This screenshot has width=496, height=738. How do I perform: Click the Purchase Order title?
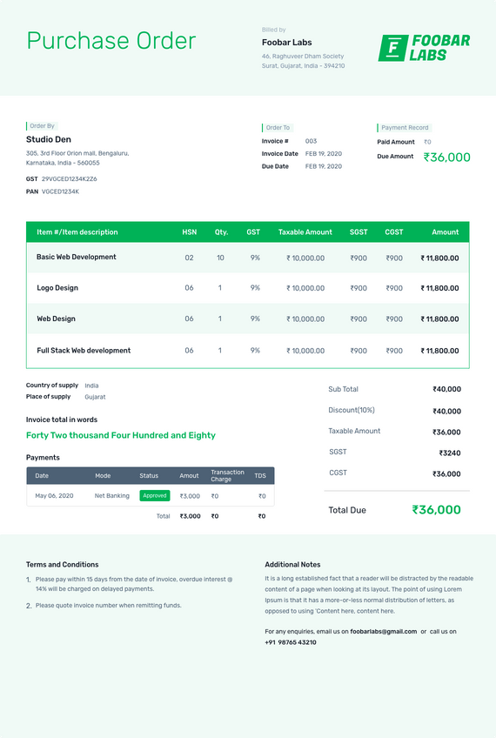[x=111, y=41]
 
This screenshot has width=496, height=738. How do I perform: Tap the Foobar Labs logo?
[x=424, y=48]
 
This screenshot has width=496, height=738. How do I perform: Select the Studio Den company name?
[x=49, y=139]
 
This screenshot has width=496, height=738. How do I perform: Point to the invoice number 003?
[x=311, y=141]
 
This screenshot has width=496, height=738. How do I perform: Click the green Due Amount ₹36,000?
[x=446, y=158]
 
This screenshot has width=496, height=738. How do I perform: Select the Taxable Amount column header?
[x=305, y=232]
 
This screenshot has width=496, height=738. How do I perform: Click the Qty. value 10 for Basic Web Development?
[x=220, y=258]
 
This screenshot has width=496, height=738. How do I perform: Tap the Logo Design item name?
[x=57, y=288]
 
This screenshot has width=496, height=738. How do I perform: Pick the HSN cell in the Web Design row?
[x=189, y=319]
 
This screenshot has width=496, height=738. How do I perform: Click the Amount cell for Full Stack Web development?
[x=439, y=351]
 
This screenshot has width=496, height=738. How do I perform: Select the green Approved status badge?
[x=155, y=495]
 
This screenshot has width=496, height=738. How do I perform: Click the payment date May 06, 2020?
[x=54, y=496]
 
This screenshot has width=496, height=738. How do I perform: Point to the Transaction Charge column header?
[x=227, y=475]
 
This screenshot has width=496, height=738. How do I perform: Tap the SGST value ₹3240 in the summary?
[x=449, y=453]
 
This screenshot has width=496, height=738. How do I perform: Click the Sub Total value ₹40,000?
[x=446, y=390]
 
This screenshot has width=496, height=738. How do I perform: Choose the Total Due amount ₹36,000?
[x=436, y=510]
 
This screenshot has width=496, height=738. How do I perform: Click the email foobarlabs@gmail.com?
[x=384, y=631]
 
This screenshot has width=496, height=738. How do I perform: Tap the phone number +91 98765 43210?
[x=291, y=642]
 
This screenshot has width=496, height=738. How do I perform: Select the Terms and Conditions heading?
[x=62, y=564]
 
